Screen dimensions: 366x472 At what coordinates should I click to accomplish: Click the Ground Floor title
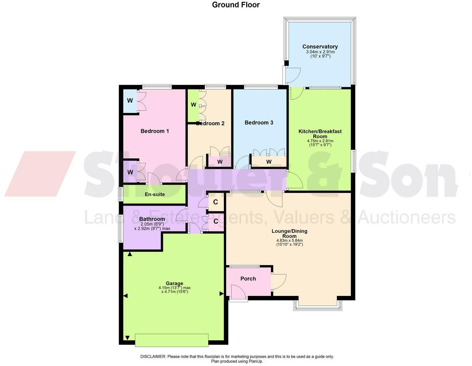(236, 5)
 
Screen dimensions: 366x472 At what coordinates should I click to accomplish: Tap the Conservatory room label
(320, 47)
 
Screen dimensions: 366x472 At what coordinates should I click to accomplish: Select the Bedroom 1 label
(155, 131)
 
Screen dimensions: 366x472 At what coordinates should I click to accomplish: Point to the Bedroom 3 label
(259, 122)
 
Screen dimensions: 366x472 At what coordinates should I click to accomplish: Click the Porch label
(248, 278)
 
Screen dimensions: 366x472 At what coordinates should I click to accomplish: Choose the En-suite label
(155, 194)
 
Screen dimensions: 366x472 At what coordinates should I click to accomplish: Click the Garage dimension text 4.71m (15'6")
(174, 292)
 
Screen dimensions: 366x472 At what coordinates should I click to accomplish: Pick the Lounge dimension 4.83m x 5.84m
(290, 240)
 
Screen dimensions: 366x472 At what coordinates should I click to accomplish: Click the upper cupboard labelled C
(216, 202)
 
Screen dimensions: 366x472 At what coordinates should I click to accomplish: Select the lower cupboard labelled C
(216, 222)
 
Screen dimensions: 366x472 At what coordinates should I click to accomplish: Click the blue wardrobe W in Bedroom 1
(130, 101)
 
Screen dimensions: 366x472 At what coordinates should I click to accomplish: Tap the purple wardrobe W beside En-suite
(130, 172)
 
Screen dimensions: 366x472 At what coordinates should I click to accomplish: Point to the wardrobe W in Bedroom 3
(269, 162)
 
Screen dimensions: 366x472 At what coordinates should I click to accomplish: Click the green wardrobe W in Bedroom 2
(193, 105)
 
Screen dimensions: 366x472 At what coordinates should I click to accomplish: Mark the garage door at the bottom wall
(172, 340)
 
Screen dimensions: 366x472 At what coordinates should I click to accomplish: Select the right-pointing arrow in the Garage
(222, 294)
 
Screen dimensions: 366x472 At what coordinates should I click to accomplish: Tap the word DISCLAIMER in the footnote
(153, 357)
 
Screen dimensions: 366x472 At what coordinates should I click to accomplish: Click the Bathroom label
(152, 219)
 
